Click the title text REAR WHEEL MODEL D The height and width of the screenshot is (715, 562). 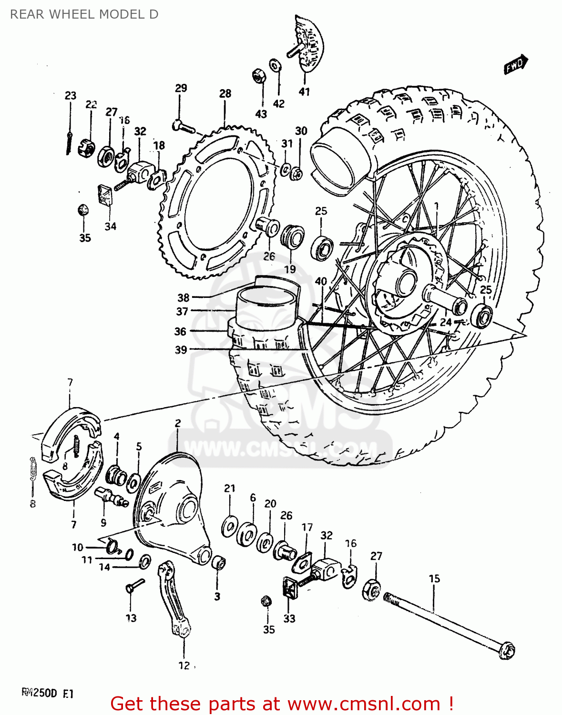point(84,14)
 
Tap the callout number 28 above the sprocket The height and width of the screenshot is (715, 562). point(225,93)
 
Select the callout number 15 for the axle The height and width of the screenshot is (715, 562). point(434,579)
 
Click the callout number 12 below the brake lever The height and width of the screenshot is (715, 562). point(184,665)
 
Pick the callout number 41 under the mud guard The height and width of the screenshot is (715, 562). point(304,92)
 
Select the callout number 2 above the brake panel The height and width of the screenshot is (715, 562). point(178,423)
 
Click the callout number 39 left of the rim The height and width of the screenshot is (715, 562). point(181,349)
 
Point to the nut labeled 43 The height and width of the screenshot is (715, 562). point(258,75)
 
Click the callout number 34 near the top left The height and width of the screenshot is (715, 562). point(110,226)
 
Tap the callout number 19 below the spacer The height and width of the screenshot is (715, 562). point(290,269)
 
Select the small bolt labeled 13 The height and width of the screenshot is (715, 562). point(135,585)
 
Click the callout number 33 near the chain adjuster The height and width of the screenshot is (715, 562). point(289,618)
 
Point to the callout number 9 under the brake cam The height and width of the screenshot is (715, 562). point(103,523)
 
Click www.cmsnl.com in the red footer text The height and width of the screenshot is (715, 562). point(364,704)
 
